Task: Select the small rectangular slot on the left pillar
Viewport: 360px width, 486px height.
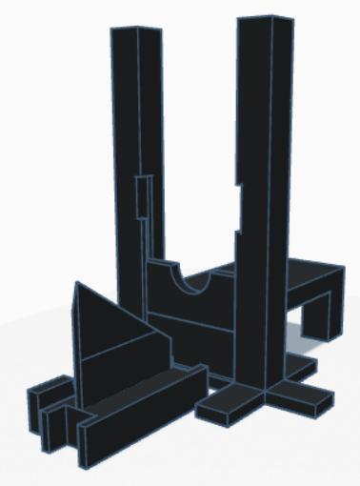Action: [142, 199]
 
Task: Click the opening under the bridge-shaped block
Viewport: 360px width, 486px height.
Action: [314, 319]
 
